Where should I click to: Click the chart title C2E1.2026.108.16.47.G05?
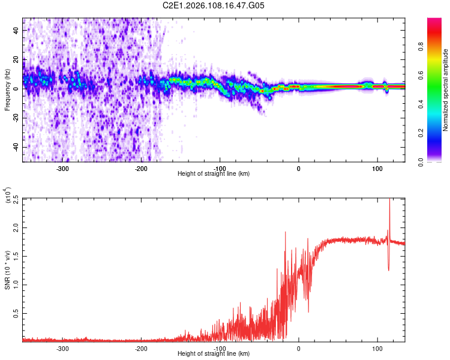[x=214, y=5]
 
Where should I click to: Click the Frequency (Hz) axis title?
[x=7, y=90]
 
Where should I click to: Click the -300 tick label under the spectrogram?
[x=63, y=169]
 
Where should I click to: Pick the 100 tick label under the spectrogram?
[x=377, y=169]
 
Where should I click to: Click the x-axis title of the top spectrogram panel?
[x=214, y=174]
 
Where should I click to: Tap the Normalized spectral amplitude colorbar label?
[x=445, y=90]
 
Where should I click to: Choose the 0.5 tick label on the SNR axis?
[x=14, y=313]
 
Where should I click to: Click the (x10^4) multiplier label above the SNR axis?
[x=8, y=195]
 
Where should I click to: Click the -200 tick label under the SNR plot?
[x=142, y=348]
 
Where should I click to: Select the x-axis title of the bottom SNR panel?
[x=214, y=353]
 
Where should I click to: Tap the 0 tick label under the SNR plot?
[x=299, y=348]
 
